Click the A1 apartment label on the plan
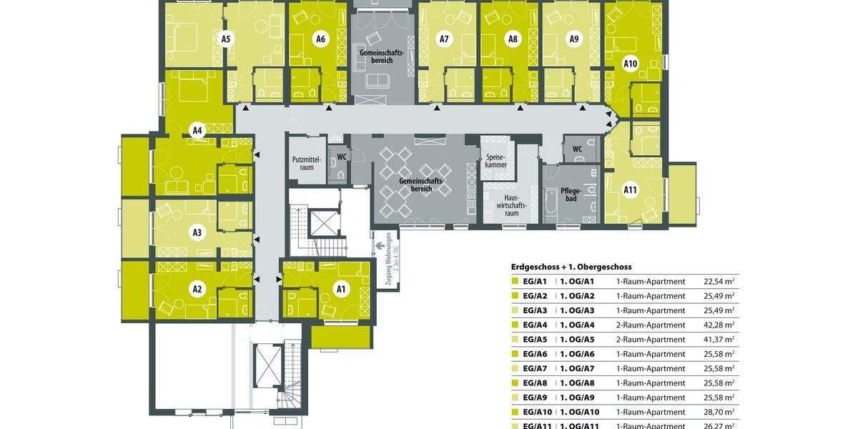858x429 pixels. pyautogui.click(x=341, y=290)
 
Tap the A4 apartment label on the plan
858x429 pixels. pyautogui.click(x=197, y=131)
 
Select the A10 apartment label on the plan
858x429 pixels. pyautogui.click(x=630, y=64)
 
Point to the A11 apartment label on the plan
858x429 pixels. pyautogui.click(x=630, y=190)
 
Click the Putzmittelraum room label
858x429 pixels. pyautogui.click(x=308, y=164)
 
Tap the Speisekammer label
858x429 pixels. pyautogui.click(x=496, y=161)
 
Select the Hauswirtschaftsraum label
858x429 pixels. pyautogui.click(x=511, y=204)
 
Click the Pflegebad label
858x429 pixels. pyautogui.click(x=570, y=195)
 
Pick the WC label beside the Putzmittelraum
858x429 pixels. pyautogui.click(x=342, y=157)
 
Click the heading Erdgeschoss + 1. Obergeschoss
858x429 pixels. pyautogui.click(x=571, y=267)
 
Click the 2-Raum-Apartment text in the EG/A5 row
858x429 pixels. pyautogui.click(x=650, y=340)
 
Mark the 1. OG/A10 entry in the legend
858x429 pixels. pyautogui.click(x=579, y=413)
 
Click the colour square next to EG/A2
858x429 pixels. pyautogui.click(x=515, y=296)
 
